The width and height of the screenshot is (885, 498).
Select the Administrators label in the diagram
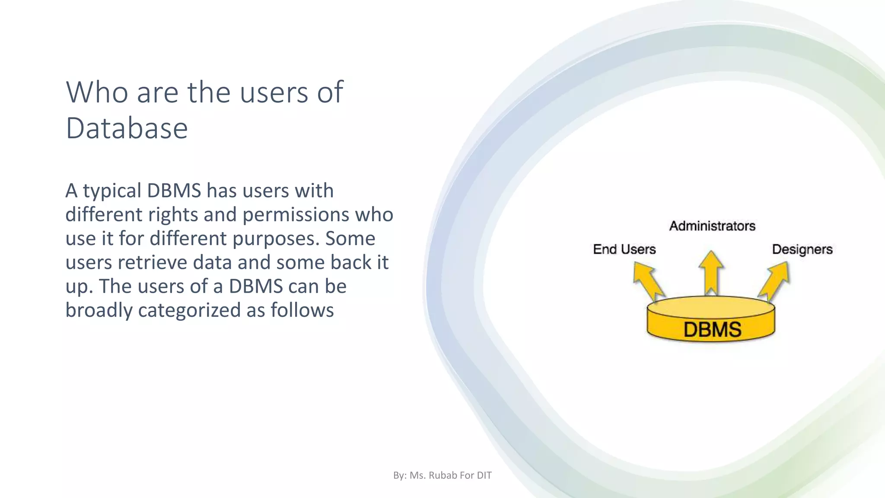click(712, 226)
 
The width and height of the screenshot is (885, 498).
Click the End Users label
click(624, 249)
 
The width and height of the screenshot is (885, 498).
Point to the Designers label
click(802, 249)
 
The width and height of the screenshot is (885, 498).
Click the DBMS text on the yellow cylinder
click(712, 329)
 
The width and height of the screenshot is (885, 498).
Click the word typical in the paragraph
click(112, 191)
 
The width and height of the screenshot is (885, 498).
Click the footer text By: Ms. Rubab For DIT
click(442, 476)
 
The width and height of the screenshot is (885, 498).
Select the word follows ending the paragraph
click(302, 310)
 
